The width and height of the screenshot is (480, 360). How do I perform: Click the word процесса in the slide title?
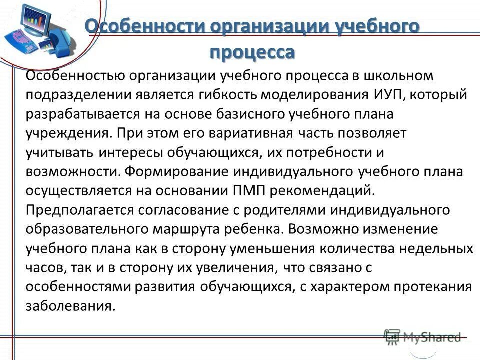tap(252, 52)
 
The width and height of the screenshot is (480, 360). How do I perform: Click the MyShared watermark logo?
tap(422, 337)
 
